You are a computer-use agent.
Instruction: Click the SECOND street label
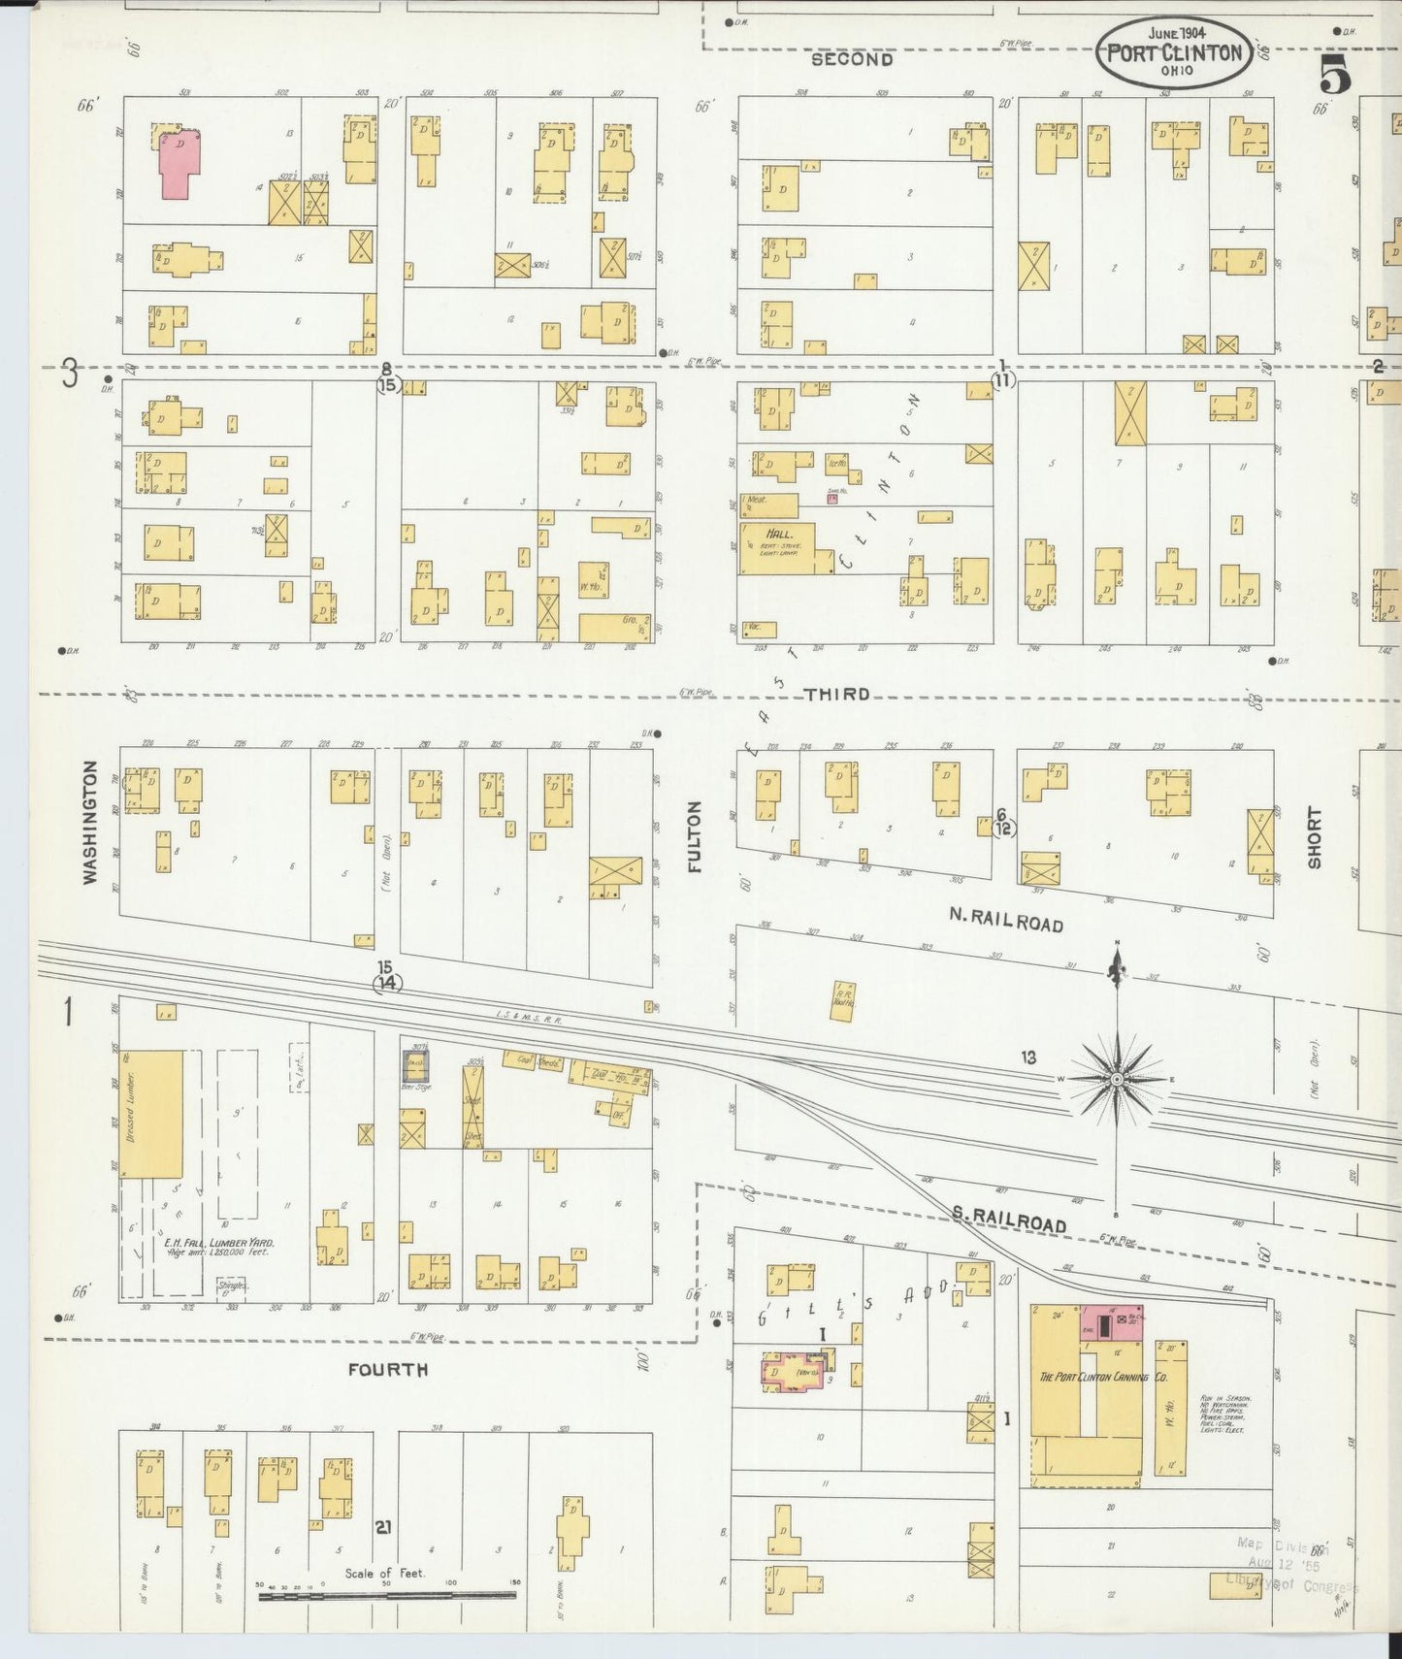[851, 59]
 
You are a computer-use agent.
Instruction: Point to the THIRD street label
[836, 695]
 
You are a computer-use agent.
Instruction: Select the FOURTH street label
[387, 1369]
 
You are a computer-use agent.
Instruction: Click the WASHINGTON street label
[89, 822]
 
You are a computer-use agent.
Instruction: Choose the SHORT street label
[1314, 837]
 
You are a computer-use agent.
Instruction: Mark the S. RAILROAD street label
[1008, 1220]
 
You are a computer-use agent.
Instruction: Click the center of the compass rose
[1117, 1079]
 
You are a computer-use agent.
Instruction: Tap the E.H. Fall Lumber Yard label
[219, 1244]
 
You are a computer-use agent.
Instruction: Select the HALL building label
[779, 535]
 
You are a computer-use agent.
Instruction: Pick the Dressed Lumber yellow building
[152, 1113]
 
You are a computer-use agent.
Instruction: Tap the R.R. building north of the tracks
[842, 1000]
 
